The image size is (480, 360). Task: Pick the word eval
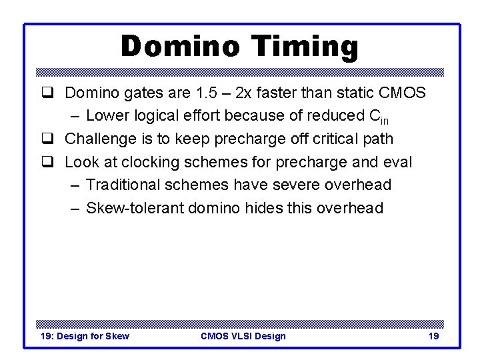(x=397, y=162)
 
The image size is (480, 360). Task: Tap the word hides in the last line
(x=264, y=208)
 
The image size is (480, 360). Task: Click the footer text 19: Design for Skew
(x=85, y=336)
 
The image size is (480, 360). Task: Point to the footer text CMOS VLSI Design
(x=243, y=336)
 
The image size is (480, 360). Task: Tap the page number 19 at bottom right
(x=433, y=336)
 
